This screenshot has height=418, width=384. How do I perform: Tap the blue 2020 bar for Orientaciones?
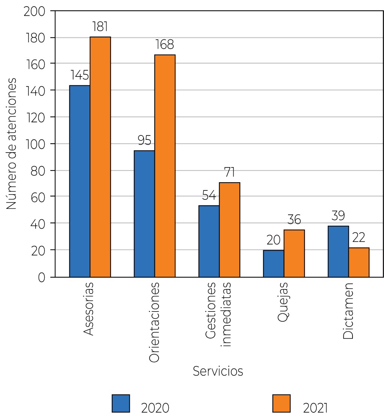pos(144,214)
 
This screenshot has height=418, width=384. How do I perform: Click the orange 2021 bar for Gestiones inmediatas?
pos(229,229)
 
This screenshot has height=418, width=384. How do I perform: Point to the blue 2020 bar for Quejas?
pos(273,263)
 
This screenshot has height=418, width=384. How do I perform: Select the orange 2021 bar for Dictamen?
pos(359,262)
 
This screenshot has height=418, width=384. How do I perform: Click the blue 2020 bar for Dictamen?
pos(338,251)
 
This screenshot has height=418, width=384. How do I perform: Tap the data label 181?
pos(100,27)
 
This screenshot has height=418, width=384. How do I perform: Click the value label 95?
pos(144,140)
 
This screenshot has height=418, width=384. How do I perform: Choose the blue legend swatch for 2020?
pos(121,403)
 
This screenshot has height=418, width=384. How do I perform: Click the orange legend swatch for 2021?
pos(281,403)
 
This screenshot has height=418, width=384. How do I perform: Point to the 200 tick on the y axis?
pos(34,11)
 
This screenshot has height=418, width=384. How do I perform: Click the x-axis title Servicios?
pos(218,371)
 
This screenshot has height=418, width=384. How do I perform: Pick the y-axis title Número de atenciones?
pos(12,144)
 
